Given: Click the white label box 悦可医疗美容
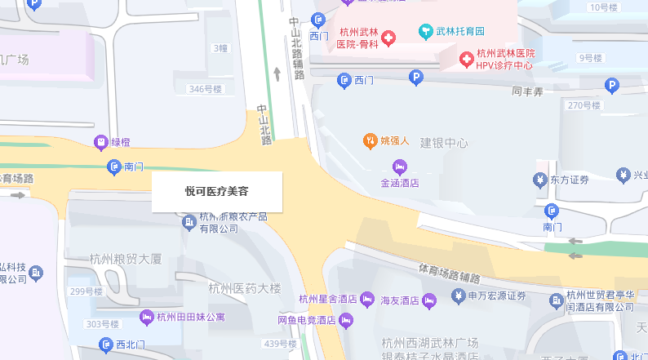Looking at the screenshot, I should point(216,192).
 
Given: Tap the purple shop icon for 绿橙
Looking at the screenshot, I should point(100,142).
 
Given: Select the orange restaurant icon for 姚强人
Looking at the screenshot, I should point(370,140).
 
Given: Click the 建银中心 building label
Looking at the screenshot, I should point(444,143).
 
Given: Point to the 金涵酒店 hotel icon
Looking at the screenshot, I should point(399,167).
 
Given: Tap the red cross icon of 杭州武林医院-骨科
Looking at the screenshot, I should point(388,38).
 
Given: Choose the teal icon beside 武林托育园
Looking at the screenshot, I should point(424,32).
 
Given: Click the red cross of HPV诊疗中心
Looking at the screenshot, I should point(466,59).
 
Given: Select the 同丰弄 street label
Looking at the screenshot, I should point(527,92).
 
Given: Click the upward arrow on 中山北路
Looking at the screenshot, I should point(277,74).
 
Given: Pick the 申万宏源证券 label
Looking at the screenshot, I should point(497,296).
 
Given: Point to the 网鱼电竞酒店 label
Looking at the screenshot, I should point(307,320).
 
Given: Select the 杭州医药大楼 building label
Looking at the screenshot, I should point(245,288).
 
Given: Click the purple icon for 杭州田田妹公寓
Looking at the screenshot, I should point(147,317).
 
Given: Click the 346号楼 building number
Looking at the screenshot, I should point(204,89).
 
